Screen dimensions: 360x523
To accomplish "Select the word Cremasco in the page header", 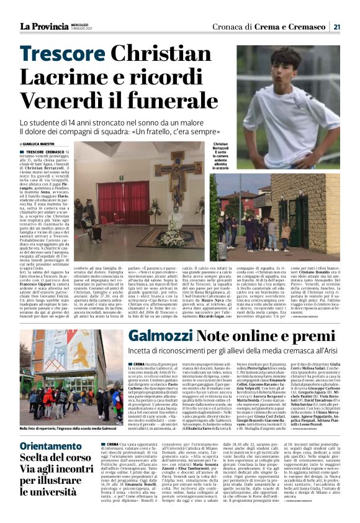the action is tap(308, 26).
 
